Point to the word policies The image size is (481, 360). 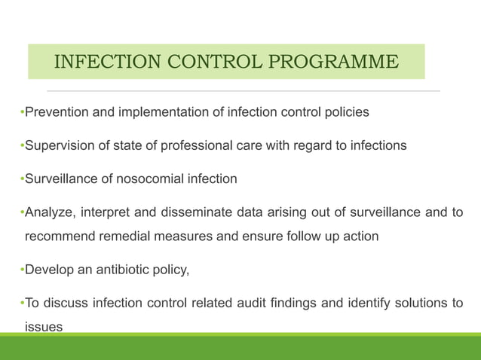click(x=344, y=113)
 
